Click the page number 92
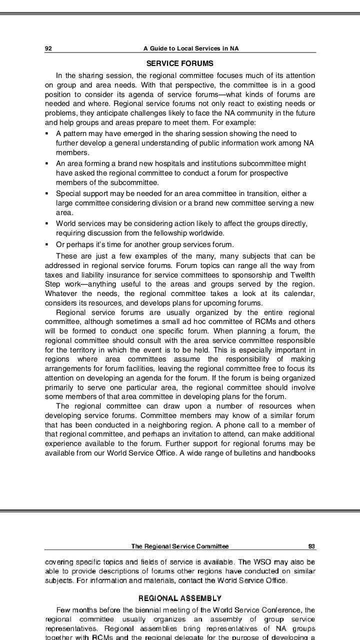(x=48, y=48)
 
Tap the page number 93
(x=311, y=546)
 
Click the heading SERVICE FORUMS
(x=179, y=63)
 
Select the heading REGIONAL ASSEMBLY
(x=179, y=598)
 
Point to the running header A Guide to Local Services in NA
(x=191, y=48)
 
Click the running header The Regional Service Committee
(x=180, y=546)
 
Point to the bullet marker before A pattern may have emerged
(x=46, y=133)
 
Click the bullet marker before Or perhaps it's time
(x=46, y=244)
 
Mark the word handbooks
(x=297, y=453)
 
